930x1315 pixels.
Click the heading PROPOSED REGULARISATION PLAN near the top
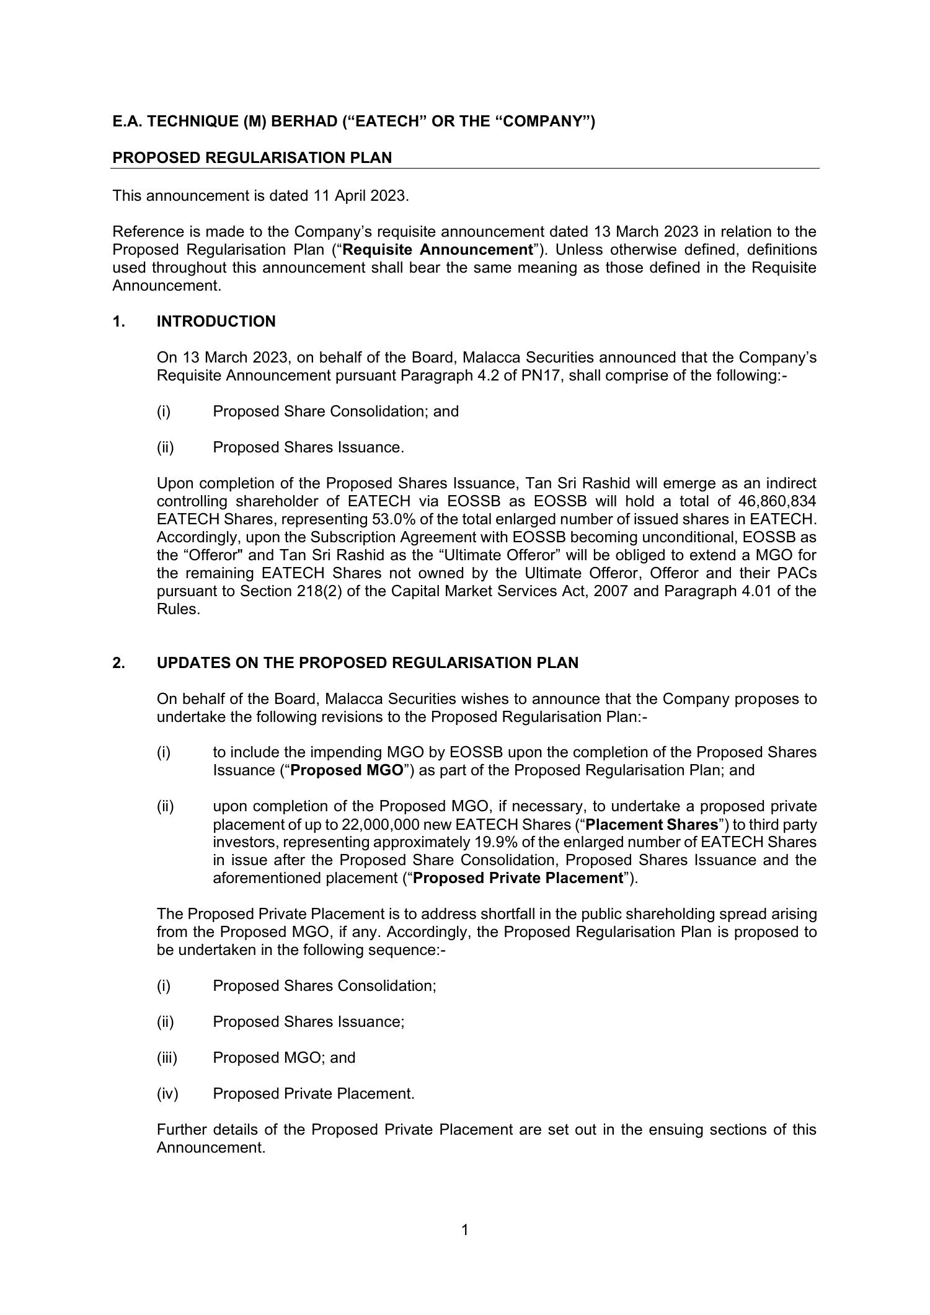(252, 158)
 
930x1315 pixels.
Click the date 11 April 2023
(360, 196)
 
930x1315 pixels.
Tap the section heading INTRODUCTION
(216, 322)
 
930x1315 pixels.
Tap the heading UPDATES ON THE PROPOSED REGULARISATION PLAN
(367, 663)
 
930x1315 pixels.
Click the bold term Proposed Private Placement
(518, 878)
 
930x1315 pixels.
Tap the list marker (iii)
(167, 1058)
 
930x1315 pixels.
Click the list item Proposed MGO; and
(284, 1058)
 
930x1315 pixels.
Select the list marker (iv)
(167, 1094)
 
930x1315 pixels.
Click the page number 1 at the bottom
(465, 1230)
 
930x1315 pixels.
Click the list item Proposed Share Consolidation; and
(335, 411)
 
